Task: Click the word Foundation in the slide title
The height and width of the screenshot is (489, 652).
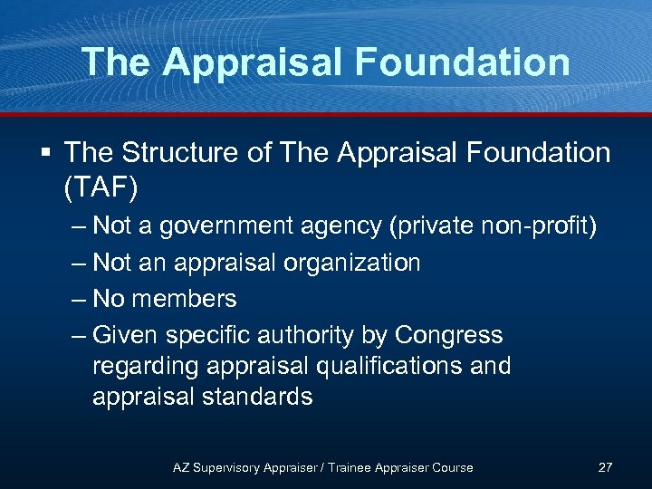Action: tap(464, 62)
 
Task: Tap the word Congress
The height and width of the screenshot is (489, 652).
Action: tap(448, 335)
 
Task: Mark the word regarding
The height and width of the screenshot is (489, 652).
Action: tap(146, 367)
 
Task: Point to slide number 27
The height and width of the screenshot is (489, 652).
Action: tap(605, 467)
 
